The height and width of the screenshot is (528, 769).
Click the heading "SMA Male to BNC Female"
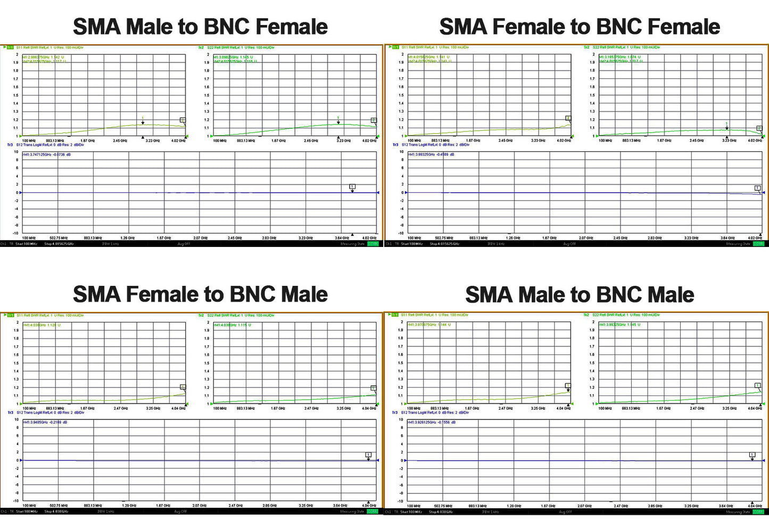tap(200, 27)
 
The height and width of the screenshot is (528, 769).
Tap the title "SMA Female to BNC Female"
tap(580, 27)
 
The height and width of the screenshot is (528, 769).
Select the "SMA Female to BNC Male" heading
tap(200, 294)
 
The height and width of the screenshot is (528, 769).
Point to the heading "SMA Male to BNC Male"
tap(580, 294)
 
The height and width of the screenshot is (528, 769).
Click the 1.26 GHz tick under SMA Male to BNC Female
tap(128, 238)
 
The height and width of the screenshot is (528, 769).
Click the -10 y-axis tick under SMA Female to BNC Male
tap(16, 501)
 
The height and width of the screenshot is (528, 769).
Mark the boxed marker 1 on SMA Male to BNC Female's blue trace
tap(352, 187)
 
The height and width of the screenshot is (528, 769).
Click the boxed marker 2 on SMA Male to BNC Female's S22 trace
tap(374, 120)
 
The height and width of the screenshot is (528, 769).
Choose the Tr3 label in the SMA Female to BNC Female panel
tap(395, 145)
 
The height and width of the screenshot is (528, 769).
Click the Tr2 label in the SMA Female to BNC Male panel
tap(201, 316)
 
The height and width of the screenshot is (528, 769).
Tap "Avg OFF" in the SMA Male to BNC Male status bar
tap(565, 512)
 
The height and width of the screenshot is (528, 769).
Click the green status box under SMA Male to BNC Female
tap(373, 244)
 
